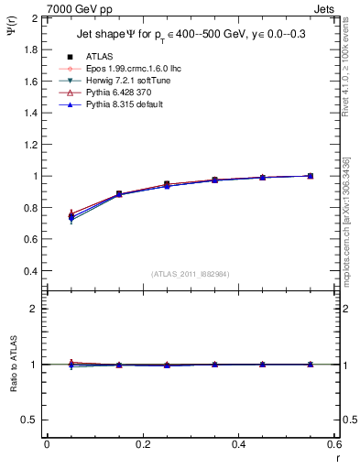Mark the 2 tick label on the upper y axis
(x=36, y=17)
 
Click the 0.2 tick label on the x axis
(x=143, y=443)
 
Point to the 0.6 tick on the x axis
(x=334, y=443)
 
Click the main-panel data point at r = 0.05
(x=71, y=217)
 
